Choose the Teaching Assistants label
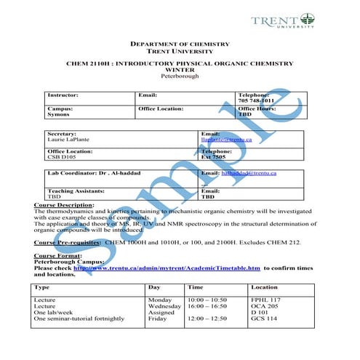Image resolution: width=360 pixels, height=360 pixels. [x=76, y=191]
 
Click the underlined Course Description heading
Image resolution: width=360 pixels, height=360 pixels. [x=64, y=206]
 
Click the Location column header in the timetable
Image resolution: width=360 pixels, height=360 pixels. [x=264, y=287]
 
